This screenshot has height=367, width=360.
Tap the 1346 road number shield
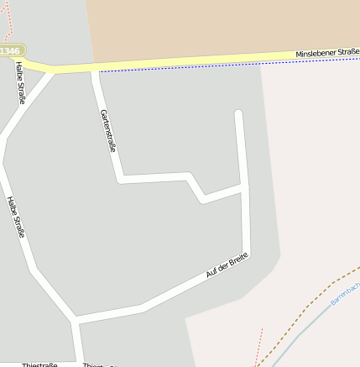pos(10,51)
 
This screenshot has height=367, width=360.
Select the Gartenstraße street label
pos(107,130)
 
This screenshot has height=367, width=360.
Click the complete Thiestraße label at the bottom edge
pos(39,364)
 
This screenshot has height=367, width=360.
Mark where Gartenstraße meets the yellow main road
pos(94,70)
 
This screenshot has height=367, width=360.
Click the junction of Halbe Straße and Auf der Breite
pos(76,320)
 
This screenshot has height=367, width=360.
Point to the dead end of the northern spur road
pos(238,113)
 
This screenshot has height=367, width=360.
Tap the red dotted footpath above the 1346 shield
pos(8,21)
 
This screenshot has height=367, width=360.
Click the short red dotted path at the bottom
pos(259,344)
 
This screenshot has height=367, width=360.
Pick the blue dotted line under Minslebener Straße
pos(210,66)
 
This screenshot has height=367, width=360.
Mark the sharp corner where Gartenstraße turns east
pos(121,178)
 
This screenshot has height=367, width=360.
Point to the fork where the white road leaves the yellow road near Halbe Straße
pos(53,72)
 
